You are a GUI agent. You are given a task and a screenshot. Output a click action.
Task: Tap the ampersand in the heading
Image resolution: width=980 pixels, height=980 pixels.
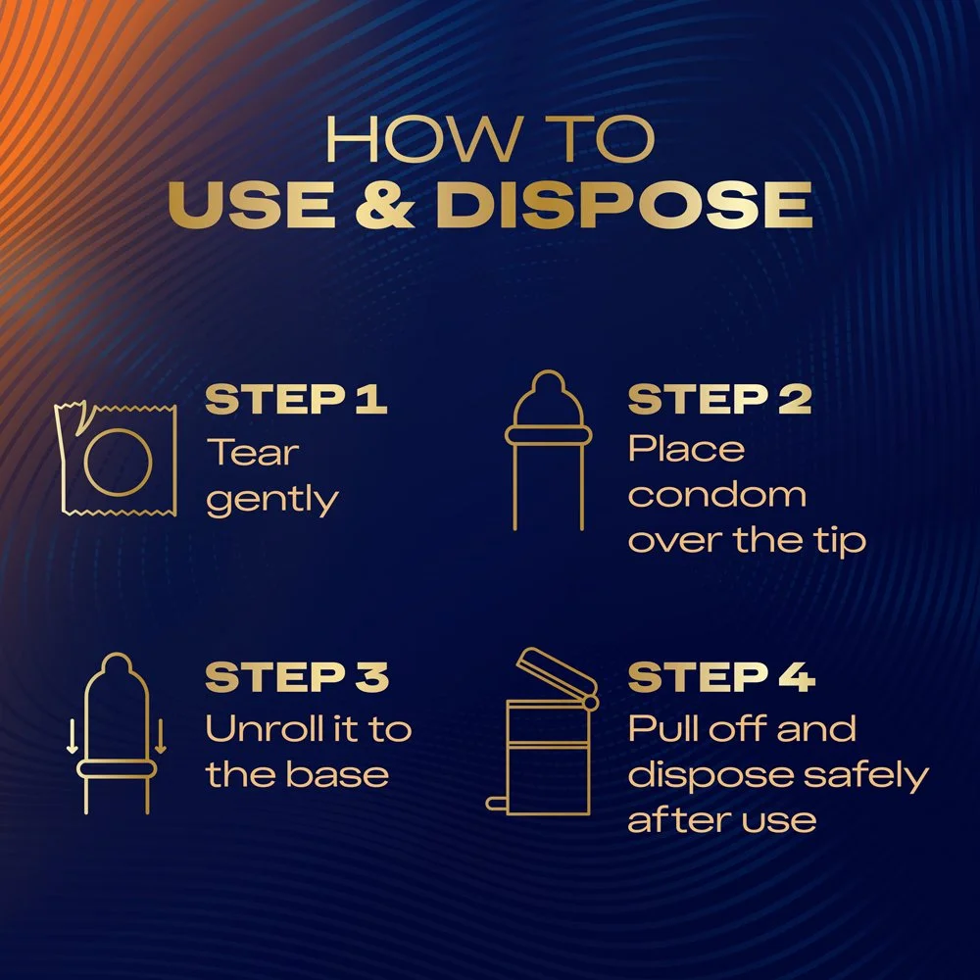399,206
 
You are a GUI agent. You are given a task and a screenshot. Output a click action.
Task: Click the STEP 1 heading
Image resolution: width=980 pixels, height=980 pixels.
296,401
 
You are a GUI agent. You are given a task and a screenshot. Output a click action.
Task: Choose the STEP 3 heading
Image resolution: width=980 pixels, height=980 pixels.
297,678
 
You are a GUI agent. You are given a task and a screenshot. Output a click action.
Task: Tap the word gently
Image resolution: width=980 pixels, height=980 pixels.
272,500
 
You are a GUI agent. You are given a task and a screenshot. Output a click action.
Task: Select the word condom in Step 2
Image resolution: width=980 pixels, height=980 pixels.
716,495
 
